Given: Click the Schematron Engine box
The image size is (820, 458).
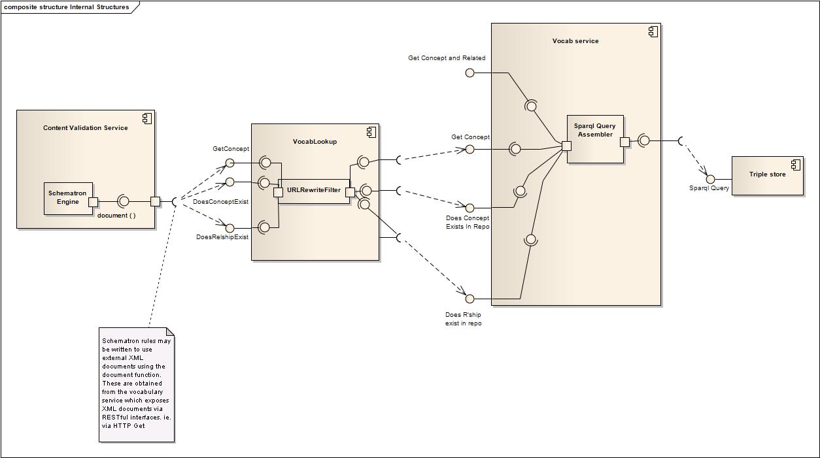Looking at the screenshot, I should tap(68, 198).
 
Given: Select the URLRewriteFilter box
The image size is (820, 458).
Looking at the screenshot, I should tap(314, 190).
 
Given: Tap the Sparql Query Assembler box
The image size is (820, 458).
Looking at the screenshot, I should tap(595, 139).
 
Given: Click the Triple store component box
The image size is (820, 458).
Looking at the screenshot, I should tap(767, 175).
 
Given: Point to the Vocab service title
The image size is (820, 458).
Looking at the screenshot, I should tap(575, 41).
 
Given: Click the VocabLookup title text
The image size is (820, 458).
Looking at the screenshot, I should tap(315, 142).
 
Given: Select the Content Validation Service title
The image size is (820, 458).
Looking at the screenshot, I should tap(86, 128).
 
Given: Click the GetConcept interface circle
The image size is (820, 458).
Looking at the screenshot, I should tap(230, 163).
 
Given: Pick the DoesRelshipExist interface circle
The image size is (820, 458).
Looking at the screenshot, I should tap(230, 228).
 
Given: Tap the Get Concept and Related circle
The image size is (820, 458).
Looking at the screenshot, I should tap(470, 73).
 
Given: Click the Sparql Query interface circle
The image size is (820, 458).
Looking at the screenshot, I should tap(711, 179).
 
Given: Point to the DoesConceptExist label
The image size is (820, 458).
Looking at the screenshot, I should tap(220, 202).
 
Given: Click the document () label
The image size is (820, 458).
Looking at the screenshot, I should tap(116, 216).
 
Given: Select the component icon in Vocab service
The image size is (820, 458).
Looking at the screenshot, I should tap(653, 31).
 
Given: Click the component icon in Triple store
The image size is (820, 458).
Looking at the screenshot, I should tap(796, 165).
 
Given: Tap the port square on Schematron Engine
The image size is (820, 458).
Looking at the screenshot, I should tap(94, 202).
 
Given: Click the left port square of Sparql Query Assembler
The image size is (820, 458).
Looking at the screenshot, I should tap(566, 146).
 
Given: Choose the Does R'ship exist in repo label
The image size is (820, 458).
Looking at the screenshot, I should tap(463, 319).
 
